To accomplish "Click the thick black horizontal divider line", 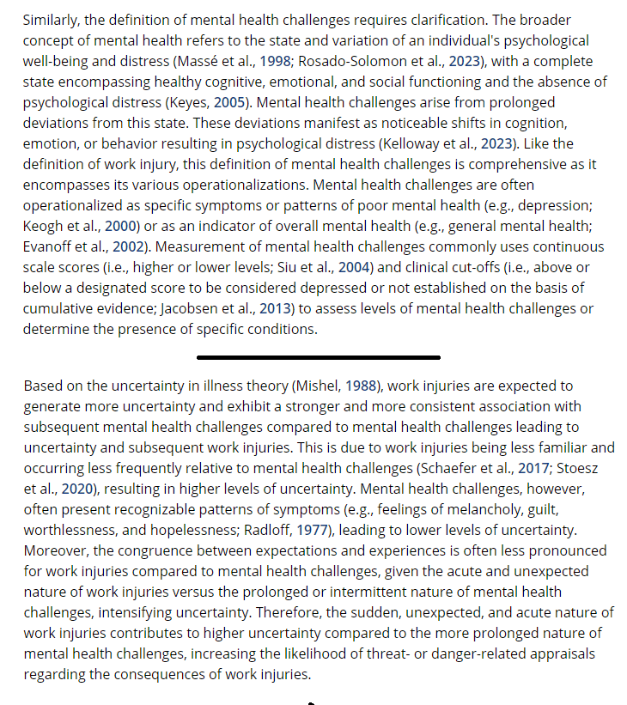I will (x=318, y=356).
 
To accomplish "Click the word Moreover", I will (x=54, y=550).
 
